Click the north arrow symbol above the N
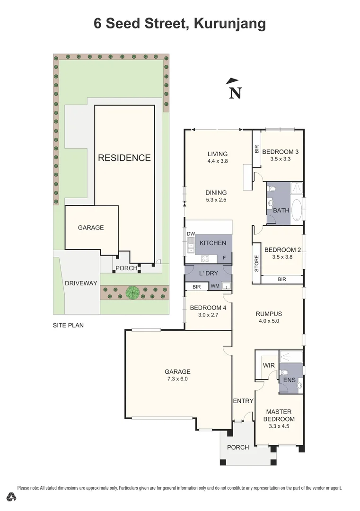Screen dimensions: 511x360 point(231,81)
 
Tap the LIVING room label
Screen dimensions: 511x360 point(217,154)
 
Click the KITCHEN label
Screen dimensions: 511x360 point(212,243)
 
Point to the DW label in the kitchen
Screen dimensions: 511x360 point(191,234)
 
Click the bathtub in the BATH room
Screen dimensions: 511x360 point(297,211)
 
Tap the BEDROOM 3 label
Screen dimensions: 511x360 point(280,152)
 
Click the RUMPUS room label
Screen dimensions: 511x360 point(269,314)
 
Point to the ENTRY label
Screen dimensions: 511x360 point(243,401)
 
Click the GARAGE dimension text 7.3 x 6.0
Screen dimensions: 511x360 point(177,379)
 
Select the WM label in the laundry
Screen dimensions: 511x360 point(215,286)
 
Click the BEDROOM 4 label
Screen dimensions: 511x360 point(208,308)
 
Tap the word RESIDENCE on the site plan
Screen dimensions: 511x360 point(124,158)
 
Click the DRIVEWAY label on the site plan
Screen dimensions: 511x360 point(80,283)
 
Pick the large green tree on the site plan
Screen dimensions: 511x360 point(132,292)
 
